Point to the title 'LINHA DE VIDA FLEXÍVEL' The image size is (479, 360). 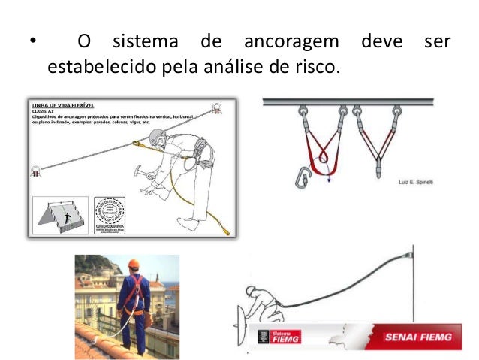(65, 105)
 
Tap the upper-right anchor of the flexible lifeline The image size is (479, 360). (216, 107)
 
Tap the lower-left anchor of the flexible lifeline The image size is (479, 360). (35, 171)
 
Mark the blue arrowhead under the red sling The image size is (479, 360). (329, 180)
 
